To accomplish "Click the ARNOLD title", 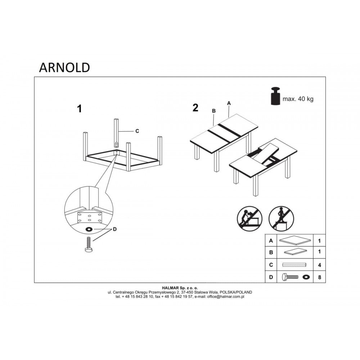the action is click(64, 68).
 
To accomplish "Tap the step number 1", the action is click(80, 109).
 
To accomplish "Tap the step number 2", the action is click(195, 108).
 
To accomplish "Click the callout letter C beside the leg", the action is click(137, 131).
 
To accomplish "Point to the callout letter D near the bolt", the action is click(114, 229).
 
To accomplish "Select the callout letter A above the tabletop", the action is click(229, 104).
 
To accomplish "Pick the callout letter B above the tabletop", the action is click(214, 111).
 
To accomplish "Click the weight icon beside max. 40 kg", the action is click(275, 96).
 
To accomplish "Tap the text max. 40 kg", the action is click(298, 99).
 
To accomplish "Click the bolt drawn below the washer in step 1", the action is click(89, 245).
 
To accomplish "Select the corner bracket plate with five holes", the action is click(90, 217).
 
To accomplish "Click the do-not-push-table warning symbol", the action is click(249, 219).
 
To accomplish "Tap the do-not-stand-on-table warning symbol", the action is click(281, 219).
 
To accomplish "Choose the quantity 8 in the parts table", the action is click(319, 277).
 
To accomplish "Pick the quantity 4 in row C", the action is click(319, 265).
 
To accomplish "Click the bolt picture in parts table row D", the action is click(290, 277).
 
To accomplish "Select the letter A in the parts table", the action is click(271, 241).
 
